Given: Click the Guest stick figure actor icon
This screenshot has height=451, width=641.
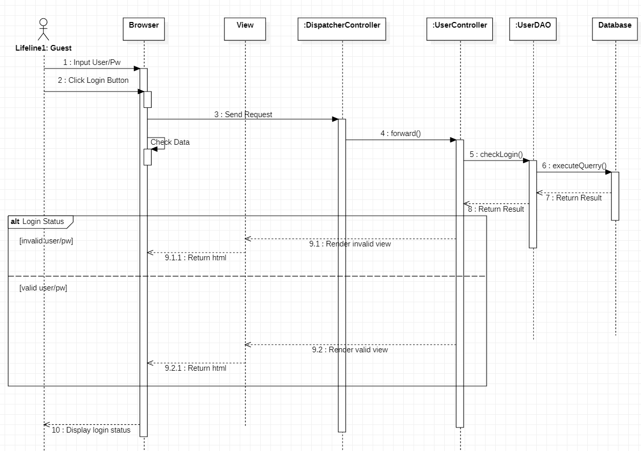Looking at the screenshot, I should click(43, 30).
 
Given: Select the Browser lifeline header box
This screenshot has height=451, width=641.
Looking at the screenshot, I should click(144, 29).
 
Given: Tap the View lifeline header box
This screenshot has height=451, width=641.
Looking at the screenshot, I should click(245, 29).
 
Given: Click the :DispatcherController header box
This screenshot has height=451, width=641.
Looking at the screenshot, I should click(342, 29).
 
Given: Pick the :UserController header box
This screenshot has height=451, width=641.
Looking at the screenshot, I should click(460, 29).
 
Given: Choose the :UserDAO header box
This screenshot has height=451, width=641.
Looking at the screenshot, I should click(533, 29).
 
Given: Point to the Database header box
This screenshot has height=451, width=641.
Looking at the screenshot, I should click(614, 29).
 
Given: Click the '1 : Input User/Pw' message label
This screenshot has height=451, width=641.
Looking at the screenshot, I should click(92, 62).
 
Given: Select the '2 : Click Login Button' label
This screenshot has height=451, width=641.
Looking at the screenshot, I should click(93, 80).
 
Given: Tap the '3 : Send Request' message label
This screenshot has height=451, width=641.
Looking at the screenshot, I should click(243, 115).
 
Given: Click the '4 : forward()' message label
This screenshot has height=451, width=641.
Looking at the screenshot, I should click(400, 133).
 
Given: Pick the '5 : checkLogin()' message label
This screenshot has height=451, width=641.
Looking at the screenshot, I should click(496, 154).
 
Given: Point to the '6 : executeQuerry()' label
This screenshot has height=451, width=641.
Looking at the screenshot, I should click(574, 166).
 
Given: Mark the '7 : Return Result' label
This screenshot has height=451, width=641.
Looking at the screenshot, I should click(574, 198).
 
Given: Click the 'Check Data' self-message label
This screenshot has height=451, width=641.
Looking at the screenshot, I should click(170, 142).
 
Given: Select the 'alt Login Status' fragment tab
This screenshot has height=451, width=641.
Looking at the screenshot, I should click(38, 221).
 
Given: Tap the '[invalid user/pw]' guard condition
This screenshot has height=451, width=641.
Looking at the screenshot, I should click(46, 240).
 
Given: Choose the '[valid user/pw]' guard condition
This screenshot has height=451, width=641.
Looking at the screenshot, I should click(43, 288).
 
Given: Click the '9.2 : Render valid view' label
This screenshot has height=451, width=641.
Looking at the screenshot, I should click(350, 350).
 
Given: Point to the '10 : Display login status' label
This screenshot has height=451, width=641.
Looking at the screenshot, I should click(91, 430).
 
